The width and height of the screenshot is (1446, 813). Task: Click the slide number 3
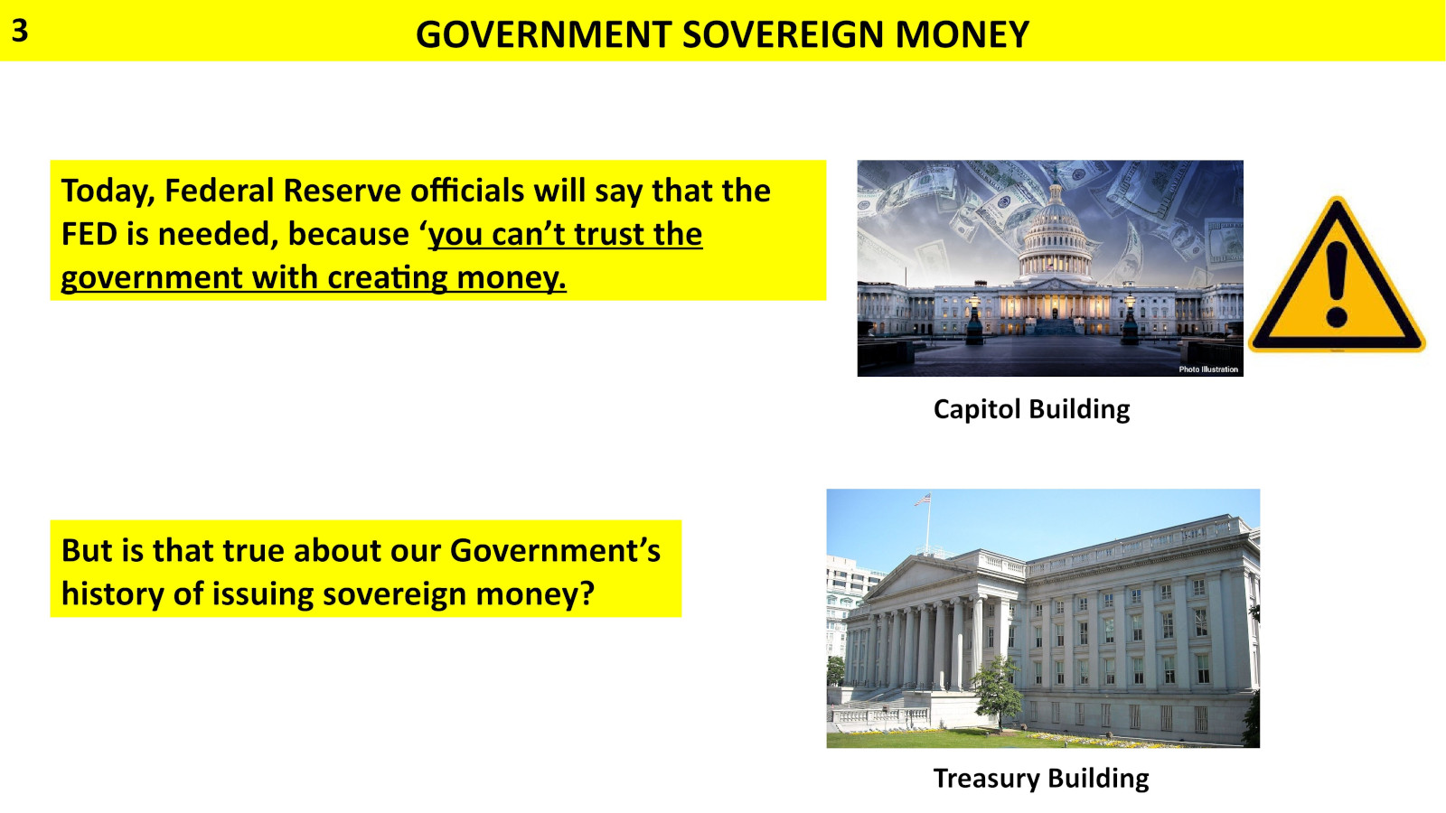coord(20,31)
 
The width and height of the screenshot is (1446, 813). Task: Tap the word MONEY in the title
coord(962,35)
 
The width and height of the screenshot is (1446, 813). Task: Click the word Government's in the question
coord(555,551)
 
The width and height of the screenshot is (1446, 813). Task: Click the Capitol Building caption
coord(1031,409)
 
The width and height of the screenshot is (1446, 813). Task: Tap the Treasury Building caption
coord(1041,779)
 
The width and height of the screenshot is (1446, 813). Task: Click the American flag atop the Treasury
coord(922,499)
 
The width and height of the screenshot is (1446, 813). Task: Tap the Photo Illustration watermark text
coord(1208,369)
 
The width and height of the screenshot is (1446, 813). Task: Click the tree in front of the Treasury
coord(999,687)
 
